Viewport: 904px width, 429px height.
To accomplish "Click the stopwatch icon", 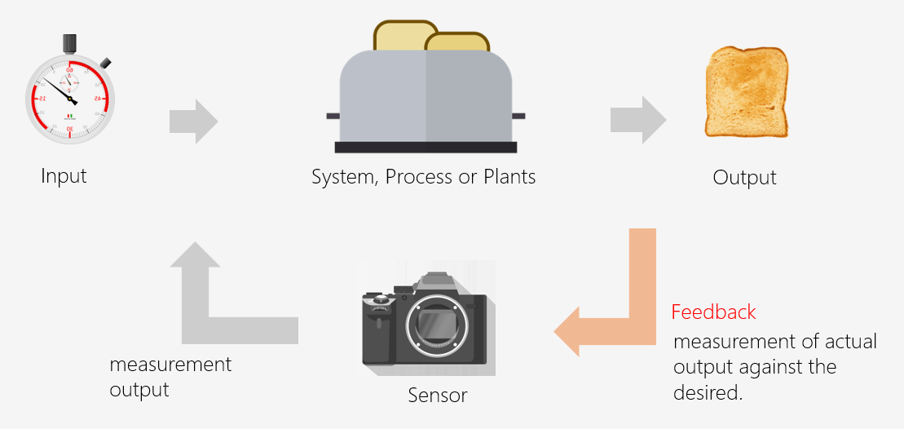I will [x=70, y=98].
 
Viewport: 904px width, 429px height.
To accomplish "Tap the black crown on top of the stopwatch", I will [x=70, y=42].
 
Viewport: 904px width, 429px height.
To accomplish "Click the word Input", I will [x=64, y=175].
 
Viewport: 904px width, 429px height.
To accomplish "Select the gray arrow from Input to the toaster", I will [x=193, y=122].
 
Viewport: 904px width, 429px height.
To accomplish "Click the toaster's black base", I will [x=426, y=148].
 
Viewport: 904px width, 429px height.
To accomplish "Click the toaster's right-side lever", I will [x=518, y=117].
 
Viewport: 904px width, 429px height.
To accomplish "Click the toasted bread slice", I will [x=747, y=91].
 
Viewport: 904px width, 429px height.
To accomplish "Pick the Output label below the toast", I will [x=744, y=178].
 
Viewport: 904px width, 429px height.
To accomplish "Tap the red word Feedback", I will [x=713, y=312].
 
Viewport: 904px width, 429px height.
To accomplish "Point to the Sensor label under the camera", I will [x=438, y=396].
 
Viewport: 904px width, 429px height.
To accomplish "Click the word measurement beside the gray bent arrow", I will [x=170, y=365].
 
